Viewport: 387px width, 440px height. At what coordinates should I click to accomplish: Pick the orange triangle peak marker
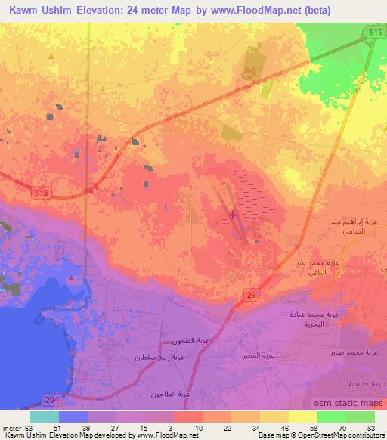(51, 56)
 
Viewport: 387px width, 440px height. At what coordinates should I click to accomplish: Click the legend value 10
(197, 427)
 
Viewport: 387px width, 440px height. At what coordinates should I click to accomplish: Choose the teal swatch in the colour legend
(45, 417)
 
